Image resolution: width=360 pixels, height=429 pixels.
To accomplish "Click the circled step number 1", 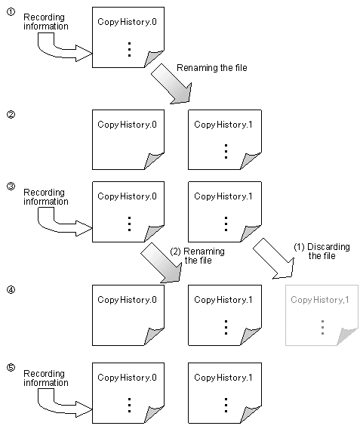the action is click(11, 12).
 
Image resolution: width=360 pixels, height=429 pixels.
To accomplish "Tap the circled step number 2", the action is click(11, 114).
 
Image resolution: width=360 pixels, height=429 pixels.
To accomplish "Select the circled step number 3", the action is click(11, 187).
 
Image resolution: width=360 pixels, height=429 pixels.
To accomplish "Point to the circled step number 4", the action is click(11, 290).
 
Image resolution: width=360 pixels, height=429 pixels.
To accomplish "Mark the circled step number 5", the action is click(11, 367).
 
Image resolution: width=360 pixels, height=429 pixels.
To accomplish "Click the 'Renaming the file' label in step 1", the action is click(212, 68).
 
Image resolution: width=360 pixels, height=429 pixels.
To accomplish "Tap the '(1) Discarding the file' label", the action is click(322, 252).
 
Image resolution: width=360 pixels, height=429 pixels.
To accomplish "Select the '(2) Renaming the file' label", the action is click(197, 255).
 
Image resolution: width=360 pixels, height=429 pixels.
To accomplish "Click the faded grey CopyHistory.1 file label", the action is click(320, 300).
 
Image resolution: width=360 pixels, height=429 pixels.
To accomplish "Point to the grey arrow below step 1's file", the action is click(172, 85).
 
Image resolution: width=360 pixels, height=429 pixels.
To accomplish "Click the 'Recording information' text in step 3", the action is click(45, 197).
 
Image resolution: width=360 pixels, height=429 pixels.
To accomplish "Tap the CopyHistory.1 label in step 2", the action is click(223, 125).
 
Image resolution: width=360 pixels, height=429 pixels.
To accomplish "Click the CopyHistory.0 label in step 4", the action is click(127, 300).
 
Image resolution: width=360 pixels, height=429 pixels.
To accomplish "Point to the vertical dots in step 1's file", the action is click(129, 50).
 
